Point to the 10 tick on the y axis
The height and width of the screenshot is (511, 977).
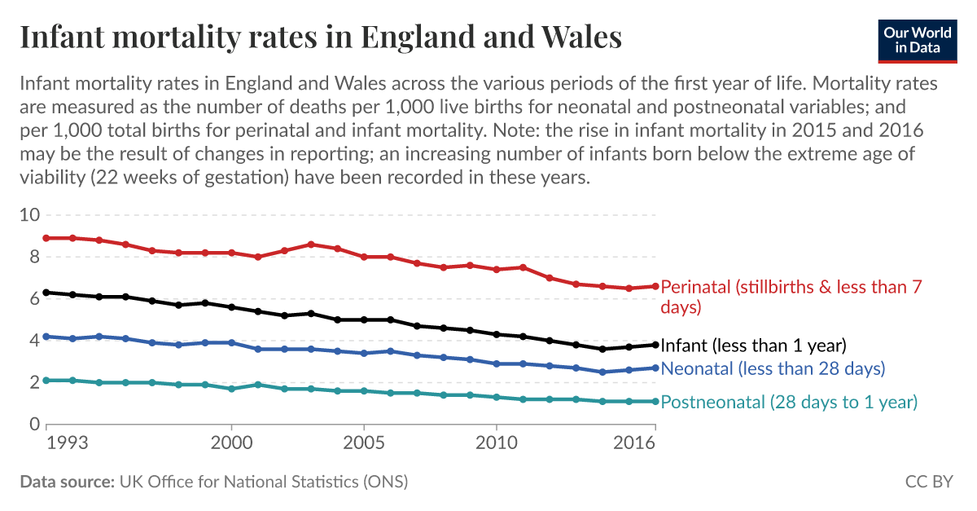[29, 215]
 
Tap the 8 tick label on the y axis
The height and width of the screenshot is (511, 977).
[34, 257]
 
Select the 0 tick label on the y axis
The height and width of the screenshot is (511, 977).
[34, 424]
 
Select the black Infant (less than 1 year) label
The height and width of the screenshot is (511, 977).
[754, 344]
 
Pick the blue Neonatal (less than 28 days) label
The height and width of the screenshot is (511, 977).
[773, 368]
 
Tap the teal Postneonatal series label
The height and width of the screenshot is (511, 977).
[789, 402]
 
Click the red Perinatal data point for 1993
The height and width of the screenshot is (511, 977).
[46, 238]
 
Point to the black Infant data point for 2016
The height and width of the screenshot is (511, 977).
[655, 344]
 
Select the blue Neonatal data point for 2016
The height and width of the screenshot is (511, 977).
[655, 368]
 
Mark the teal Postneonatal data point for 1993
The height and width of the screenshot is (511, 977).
[46, 380]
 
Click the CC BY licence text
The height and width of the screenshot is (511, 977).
[928, 482]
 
